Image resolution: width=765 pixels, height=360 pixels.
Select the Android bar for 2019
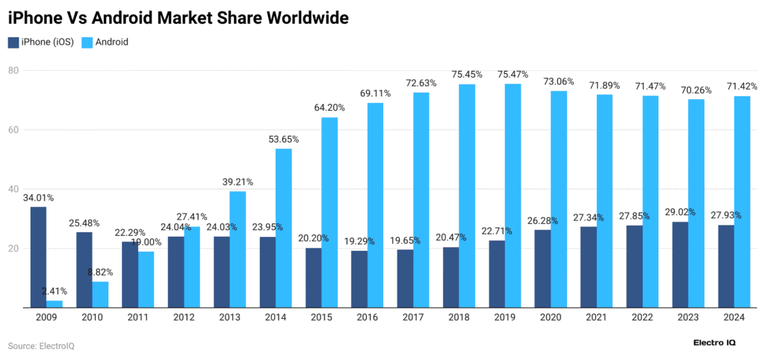[x=512, y=196]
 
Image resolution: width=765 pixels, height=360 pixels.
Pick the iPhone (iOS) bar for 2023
[x=680, y=264]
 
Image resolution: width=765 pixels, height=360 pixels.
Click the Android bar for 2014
[x=283, y=228]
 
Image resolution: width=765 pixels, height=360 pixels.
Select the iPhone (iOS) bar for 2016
[x=359, y=279]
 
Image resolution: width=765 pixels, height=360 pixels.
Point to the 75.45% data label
[x=467, y=75]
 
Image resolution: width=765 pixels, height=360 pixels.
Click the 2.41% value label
[x=55, y=291]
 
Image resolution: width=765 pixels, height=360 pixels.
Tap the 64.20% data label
[x=329, y=108]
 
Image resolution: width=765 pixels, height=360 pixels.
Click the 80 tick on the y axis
[x=13, y=70]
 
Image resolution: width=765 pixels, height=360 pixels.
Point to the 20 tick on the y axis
[x=13, y=249]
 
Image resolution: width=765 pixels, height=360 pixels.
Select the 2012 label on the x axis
[x=183, y=318]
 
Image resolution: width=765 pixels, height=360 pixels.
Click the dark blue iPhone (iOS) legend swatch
[x=13, y=42]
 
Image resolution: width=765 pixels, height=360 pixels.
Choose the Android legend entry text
[x=112, y=42]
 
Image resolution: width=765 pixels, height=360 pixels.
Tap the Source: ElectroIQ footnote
[x=41, y=346]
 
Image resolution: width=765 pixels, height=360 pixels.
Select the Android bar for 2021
[x=604, y=201]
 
